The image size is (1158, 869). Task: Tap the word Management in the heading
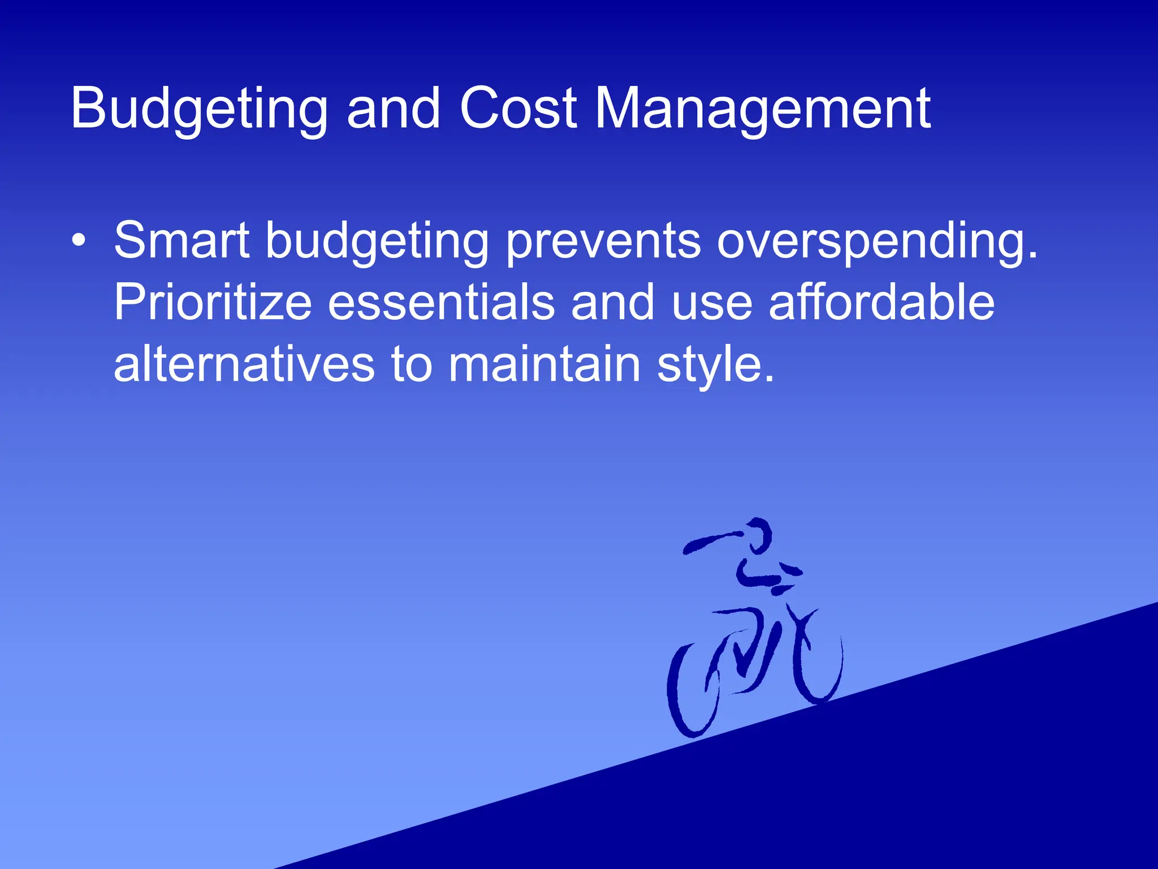click(x=763, y=109)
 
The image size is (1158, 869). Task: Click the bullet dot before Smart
click(x=79, y=240)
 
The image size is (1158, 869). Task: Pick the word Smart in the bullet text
click(x=182, y=240)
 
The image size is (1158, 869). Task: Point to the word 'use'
click(x=712, y=303)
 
